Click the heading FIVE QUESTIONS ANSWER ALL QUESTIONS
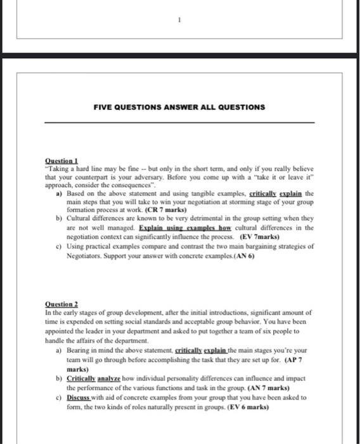pos(179,107)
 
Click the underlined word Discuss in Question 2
pos(80,398)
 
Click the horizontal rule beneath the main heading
pos(179,122)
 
